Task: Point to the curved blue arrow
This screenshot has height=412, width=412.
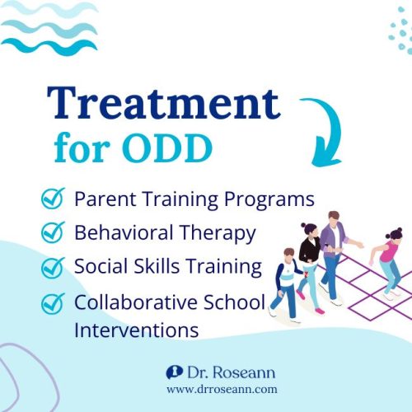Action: click(322, 131)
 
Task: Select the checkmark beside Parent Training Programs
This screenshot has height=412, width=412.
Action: click(52, 199)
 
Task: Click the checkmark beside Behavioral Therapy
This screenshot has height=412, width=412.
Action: click(52, 233)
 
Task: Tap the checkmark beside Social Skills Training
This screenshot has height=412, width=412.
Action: click(52, 268)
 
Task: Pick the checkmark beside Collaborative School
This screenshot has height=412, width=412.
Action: click(52, 302)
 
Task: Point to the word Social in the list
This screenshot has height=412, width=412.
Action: click(97, 268)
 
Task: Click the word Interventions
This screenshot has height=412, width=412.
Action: click(136, 330)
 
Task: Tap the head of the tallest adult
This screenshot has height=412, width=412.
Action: click(334, 218)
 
